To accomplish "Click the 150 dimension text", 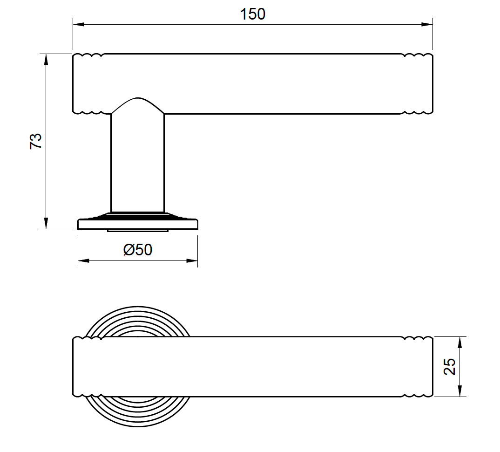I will (x=253, y=14).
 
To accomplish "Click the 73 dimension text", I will (x=36, y=141).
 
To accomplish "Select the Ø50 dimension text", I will (x=138, y=250).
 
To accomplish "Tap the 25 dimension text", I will (x=449, y=367).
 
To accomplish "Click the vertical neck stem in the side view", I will (x=137, y=163).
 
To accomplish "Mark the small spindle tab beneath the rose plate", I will (x=138, y=230).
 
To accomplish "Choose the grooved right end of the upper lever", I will (x=418, y=84).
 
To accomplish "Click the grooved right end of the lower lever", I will (x=418, y=367).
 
